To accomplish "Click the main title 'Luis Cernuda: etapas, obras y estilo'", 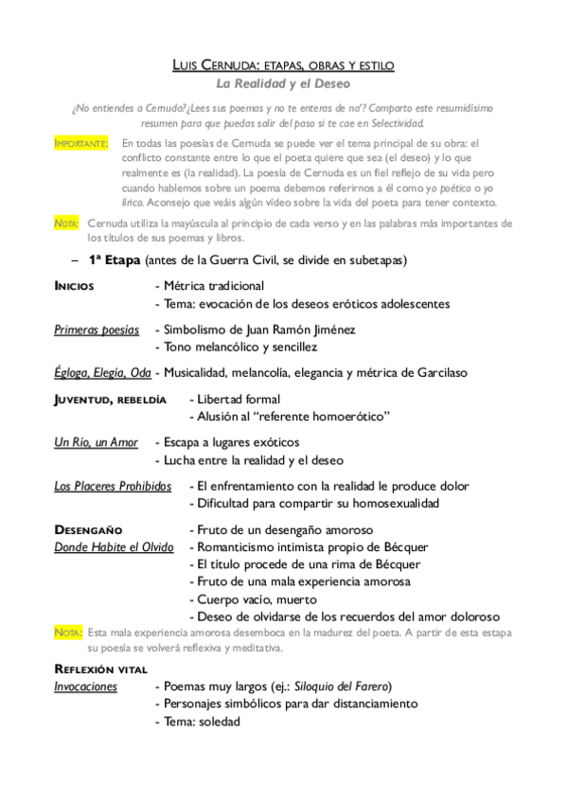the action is [283, 64].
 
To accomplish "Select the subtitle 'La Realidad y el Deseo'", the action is [284, 84].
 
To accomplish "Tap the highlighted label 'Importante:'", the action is [81, 143].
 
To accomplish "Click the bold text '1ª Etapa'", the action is [115, 259].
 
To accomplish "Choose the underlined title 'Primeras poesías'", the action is [97, 330].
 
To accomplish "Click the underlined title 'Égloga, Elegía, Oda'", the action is [102, 373].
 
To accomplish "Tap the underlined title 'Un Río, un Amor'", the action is [96, 442].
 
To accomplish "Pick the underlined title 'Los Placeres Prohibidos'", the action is [113, 486].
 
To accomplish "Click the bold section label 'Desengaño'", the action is [88, 529].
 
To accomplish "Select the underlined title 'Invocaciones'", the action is [85, 686].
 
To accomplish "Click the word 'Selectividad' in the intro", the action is [392, 123].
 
